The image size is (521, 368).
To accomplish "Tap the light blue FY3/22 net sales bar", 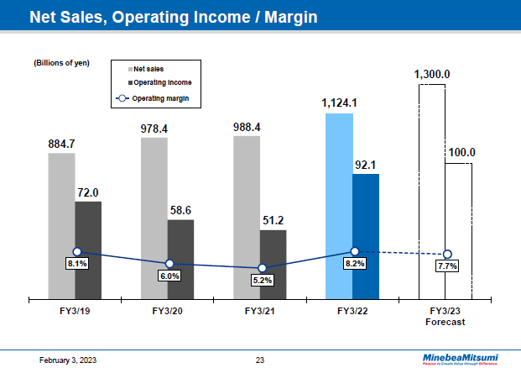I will pyautogui.click(x=339, y=205).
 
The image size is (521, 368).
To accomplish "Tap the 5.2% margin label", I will pyautogui.click(x=263, y=280).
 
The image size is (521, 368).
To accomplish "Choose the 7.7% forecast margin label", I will pyautogui.click(x=447, y=266).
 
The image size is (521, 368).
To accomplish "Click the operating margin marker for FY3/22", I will pyautogui.click(x=355, y=251).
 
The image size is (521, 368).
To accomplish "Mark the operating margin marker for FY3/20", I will pyautogui.click(x=169, y=264).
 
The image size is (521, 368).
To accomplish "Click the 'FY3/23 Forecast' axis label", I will pyautogui.click(x=445, y=316).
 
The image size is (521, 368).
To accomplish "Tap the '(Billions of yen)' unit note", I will pyautogui.click(x=61, y=63).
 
